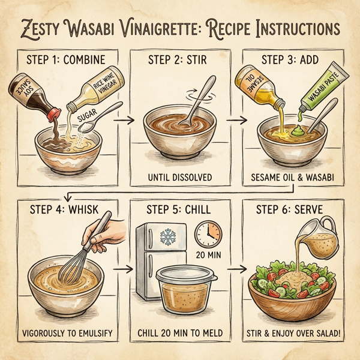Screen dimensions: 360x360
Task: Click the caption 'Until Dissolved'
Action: (x=184, y=178)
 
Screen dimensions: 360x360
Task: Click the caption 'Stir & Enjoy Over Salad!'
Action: (x=298, y=333)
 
